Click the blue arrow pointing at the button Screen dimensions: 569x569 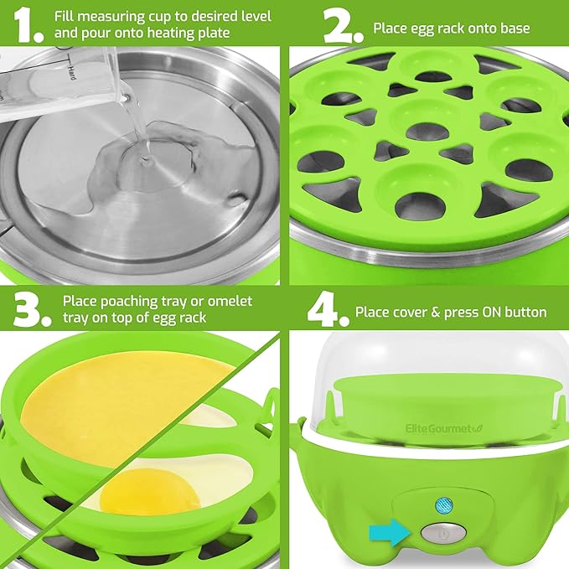[391, 531]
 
